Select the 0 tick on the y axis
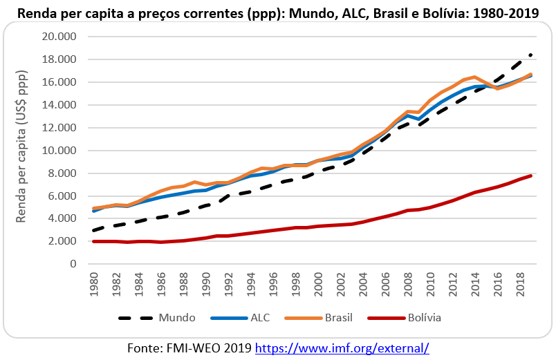73,264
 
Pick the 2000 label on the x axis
318,284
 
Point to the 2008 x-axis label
407,284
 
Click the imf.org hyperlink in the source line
342,348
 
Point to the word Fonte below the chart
145,348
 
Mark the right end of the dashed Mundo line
531,54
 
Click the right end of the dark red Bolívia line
530,176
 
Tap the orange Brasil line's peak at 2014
474,77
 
